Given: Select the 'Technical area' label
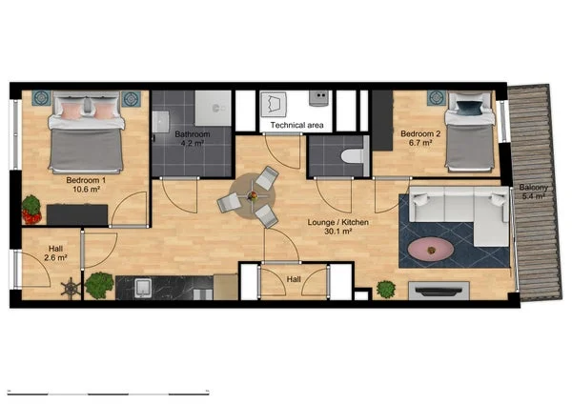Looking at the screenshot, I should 296,125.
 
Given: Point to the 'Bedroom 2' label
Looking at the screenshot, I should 419,134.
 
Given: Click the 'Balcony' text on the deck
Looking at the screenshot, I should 533,188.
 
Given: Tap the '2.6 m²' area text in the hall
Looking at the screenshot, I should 56,257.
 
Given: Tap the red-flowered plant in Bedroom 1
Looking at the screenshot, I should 31,205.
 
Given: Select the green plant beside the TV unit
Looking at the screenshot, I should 386,288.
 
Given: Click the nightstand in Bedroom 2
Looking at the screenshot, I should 437,98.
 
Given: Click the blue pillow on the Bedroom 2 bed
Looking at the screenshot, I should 467,107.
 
